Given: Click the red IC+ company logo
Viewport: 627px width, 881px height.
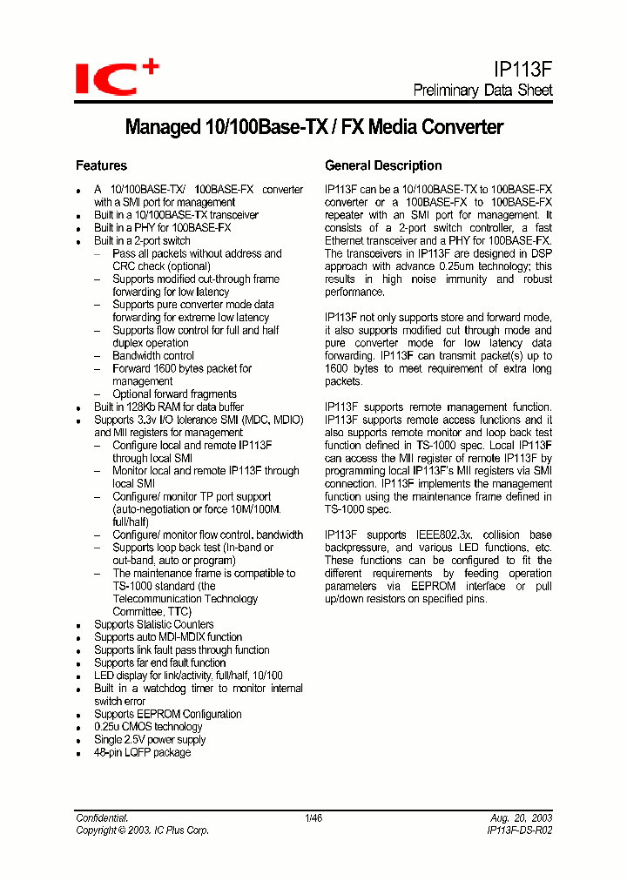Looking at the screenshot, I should click(117, 77).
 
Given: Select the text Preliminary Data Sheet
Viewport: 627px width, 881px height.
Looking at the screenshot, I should click(482, 91).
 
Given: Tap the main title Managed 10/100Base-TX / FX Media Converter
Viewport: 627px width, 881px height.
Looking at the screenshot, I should click(314, 127).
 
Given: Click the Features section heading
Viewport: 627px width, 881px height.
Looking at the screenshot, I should click(101, 165).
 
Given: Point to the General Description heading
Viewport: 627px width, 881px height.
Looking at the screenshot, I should click(383, 165).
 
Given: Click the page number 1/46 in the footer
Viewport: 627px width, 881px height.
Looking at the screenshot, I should click(313, 818).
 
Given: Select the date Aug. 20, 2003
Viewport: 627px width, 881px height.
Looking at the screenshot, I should click(522, 818).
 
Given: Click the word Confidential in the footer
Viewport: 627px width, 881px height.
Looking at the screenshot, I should click(102, 818).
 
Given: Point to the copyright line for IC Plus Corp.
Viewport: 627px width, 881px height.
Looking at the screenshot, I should click(142, 831).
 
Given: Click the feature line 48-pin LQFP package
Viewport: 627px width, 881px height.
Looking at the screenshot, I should click(142, 752).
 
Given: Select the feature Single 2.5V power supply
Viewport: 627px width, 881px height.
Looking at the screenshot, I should click(150, 739).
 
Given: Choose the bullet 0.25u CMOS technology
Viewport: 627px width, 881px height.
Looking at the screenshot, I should click(148, 726).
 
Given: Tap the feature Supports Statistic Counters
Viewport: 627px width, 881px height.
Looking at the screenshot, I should click(153, 624).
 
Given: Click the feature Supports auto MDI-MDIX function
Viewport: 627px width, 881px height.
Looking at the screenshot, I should click(168, 637).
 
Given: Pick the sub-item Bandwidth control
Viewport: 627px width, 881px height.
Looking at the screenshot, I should click(153, 356).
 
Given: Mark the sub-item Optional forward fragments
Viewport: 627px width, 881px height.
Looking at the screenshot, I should click(174, 394).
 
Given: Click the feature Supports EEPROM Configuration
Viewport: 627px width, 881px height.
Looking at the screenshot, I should click(168, 714).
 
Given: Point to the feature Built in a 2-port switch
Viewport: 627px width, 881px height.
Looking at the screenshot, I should click(142, 240).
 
